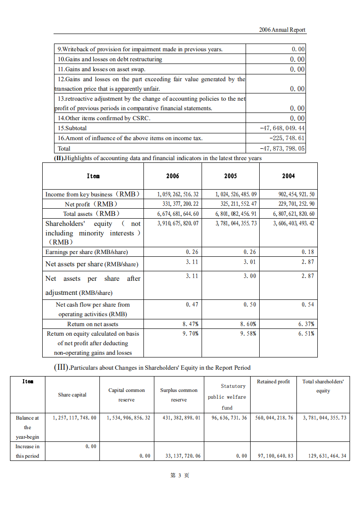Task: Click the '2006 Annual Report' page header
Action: pyautogui.click(x=282, y=30)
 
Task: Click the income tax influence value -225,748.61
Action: pyautogui.click(x=287, y=138)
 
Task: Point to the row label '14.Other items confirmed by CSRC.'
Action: pyautogui.click(x=104, y=118)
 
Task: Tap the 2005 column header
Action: pyautogui.click(x=230, y=176)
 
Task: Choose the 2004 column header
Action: pyautogui.click(x=288, y=176)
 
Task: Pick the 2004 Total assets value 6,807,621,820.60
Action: pyautogui.click(x=294, y=214)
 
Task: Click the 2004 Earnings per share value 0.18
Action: pyautogui.click(x=308, y=252)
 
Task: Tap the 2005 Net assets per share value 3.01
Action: pyautogui.click(x=250, y=262)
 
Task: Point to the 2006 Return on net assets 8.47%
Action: pyautogui.click(x=190, y=324)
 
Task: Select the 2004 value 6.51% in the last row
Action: pyautogui.click(x=306, y=333)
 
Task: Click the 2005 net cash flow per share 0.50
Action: pyautogui.click(x=250, y=305)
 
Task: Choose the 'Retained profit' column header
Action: pyautogui.click(x=273, y=382)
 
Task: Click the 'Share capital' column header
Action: pyautogui.click(x=72, y=395)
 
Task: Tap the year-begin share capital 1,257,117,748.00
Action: pyautogui.click(x=74, y=418)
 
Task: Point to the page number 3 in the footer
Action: pyautogui.click(x=179, y=475)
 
